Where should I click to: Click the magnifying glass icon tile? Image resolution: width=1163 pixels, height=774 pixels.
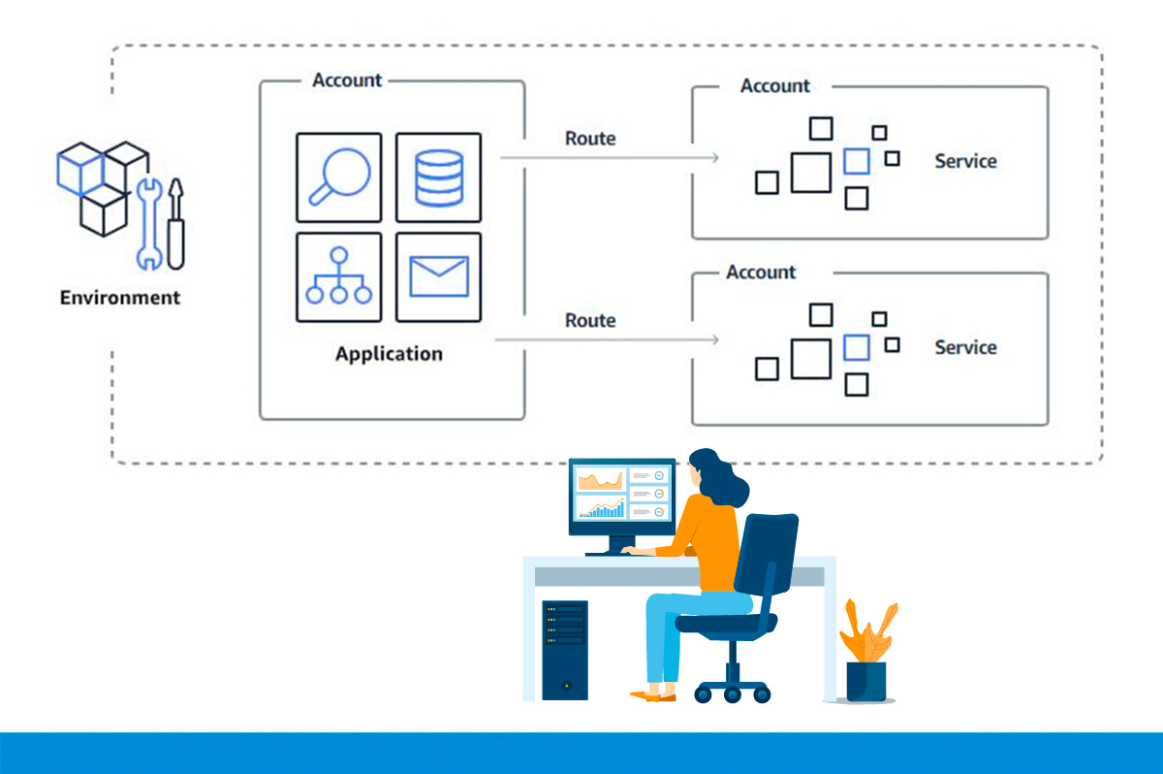339,177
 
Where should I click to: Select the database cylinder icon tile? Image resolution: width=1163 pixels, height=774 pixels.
438,177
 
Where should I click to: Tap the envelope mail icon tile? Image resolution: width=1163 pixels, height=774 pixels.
438,277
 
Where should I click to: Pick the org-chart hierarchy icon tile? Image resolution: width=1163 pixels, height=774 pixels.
339,277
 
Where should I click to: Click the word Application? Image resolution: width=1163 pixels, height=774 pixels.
389,354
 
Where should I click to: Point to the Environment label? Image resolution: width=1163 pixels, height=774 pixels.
120,298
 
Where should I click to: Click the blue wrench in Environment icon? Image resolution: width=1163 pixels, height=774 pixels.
148,224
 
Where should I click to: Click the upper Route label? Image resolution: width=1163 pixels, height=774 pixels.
590,139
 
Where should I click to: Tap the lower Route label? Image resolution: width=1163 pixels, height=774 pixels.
590,320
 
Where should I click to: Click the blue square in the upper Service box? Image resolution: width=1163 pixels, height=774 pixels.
857,161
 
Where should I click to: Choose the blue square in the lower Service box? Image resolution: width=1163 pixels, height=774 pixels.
857,347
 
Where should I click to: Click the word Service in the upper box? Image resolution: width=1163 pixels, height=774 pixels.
965,161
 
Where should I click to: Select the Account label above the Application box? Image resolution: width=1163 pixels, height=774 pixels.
347,81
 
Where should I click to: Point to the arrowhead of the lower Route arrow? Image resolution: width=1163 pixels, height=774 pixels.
714,339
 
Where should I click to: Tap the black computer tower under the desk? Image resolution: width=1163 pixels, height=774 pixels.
565,650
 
